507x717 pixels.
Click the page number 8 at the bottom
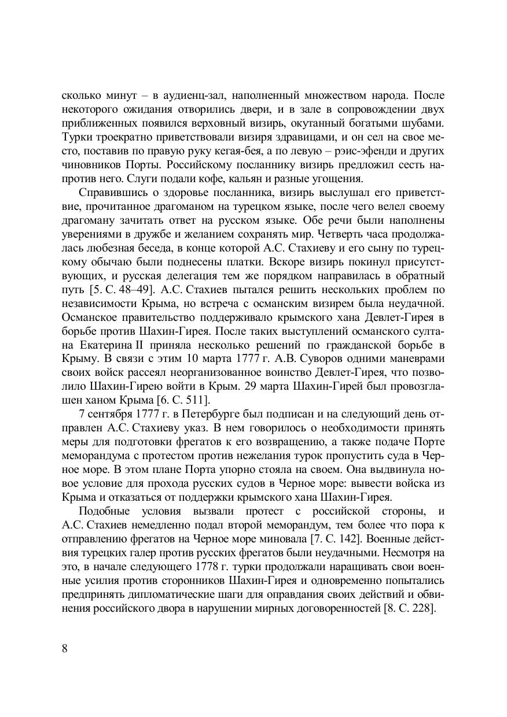64,648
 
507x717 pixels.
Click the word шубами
425,123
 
